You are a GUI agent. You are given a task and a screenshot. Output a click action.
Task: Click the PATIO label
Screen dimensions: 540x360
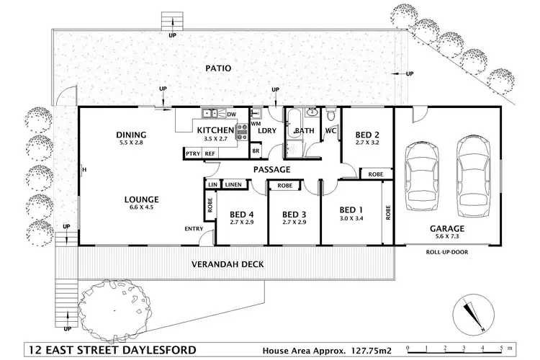217,68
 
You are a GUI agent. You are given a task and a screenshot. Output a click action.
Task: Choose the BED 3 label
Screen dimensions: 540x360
295,214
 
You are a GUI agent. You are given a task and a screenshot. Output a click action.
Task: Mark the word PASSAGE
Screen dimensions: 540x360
271,170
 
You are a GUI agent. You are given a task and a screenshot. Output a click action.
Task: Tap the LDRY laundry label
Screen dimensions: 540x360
267,130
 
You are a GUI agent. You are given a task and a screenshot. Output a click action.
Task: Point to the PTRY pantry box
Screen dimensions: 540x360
192,153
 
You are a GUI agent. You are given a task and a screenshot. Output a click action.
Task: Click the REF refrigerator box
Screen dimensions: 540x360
210,153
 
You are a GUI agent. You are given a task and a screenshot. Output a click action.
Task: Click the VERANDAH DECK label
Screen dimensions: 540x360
227,264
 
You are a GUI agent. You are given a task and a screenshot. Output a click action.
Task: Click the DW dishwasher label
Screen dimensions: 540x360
231,114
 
